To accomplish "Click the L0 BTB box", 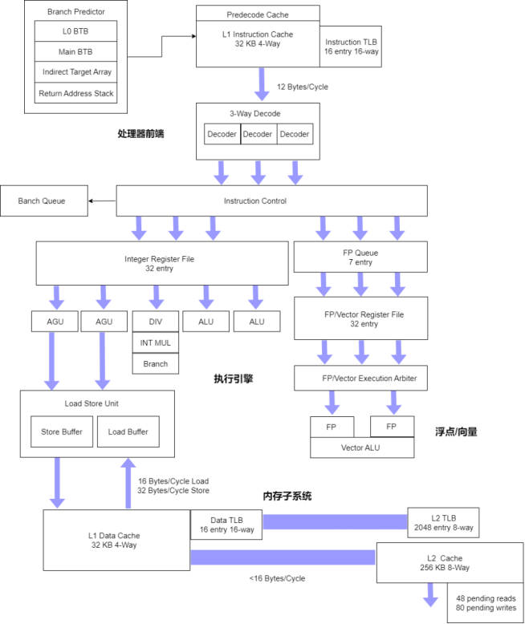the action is point(75,31).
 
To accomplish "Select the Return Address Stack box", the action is point(75,93).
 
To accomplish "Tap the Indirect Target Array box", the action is point(75,72).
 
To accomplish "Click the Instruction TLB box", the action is point(351,47).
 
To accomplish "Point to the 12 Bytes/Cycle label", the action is point(303,87).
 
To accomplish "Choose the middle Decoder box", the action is point(258,134).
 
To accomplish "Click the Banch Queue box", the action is point(44,201).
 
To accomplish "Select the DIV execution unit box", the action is point(156,322).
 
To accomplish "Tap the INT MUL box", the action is point(156,342).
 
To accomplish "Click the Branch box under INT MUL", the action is point(156,364).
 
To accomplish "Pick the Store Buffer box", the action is point(62,432).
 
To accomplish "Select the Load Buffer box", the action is point(128,432).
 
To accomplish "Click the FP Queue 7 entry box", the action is point(360,257).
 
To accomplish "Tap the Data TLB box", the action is point(226,525).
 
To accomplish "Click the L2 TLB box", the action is point(443,522).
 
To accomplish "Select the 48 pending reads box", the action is point(485,603).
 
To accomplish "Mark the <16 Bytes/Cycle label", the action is point(277,578).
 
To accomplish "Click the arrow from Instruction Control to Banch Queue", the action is point(103,201).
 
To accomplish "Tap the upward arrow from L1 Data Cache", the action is point(128,483).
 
